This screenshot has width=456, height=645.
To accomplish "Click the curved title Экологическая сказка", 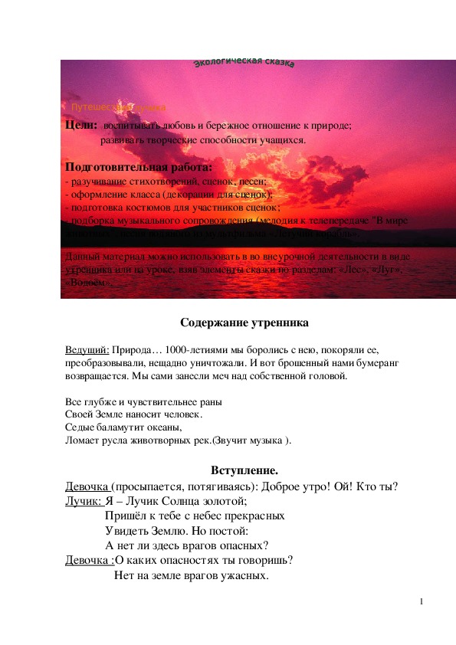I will (244, 62).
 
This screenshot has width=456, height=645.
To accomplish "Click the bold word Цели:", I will (80, 124).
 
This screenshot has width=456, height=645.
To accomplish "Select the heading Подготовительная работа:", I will (139, 168).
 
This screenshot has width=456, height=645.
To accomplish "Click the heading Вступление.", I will (244, 470).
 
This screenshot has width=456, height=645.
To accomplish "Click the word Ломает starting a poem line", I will (83, 440).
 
